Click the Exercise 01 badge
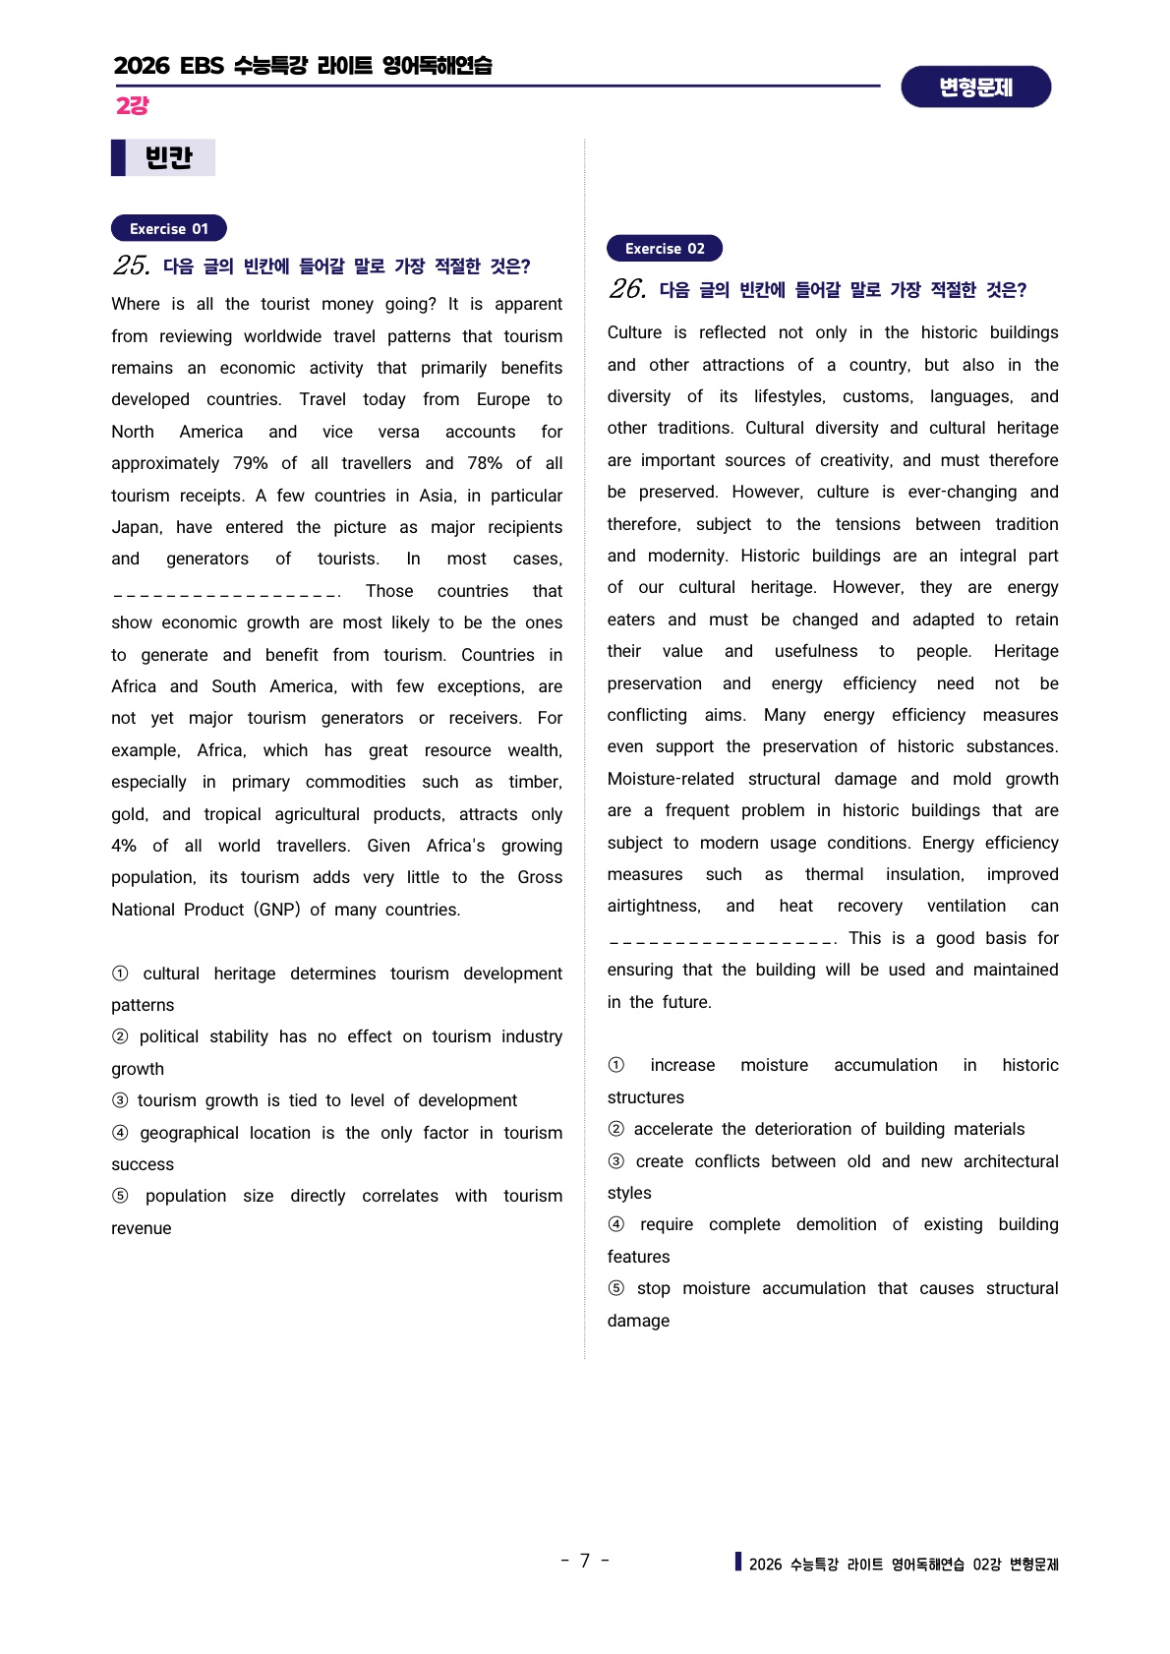coord(169,228)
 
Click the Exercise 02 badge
coord(665,248)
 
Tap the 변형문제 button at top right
coord(975,87)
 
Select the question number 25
coord(132,266)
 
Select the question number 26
coord(627,289)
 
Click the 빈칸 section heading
coord(168,157)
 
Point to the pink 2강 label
coord(132,106)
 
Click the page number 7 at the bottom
coord(585,1561)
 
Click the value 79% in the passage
coord(251,463)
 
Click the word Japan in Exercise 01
coord(136,527)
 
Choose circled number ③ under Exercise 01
coord(120,1100)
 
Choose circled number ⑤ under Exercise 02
coord(616,1288)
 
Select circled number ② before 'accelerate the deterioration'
coord(616,1129)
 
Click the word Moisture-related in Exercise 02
coord(671,779)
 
